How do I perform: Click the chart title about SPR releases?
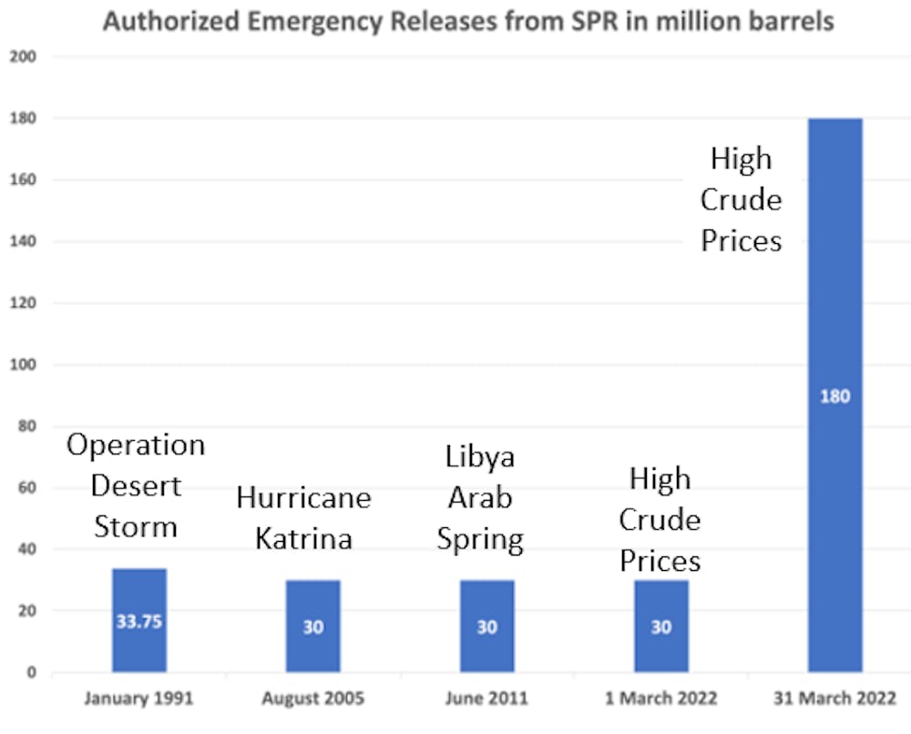click(468, 21)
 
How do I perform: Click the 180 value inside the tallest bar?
click(834, 397)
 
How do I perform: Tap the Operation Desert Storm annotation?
click(137, 485)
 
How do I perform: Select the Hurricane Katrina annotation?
click(303, 518)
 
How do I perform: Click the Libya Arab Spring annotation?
click(480, 498)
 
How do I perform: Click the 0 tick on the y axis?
click(31, 673)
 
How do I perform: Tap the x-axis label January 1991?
click(139, 700)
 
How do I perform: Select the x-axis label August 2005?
click(313, 700)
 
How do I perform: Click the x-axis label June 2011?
click(487, 700)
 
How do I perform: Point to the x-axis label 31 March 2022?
click(834, 700)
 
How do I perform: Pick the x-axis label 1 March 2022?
click(661, 700)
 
